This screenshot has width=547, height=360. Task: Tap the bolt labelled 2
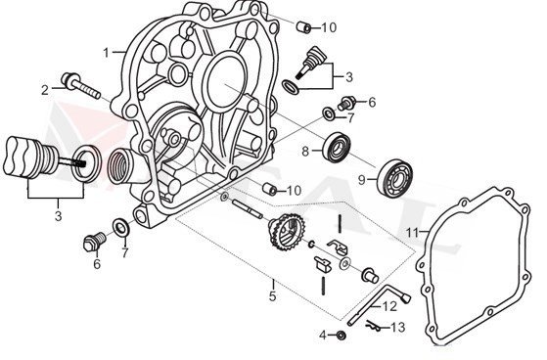click(77, 82)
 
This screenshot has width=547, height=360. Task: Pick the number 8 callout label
click(305, 151)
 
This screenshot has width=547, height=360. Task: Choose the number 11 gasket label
click(413, 232)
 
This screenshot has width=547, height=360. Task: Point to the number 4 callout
click(321, 336)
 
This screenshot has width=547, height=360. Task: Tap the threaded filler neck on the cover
click(127, 160)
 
